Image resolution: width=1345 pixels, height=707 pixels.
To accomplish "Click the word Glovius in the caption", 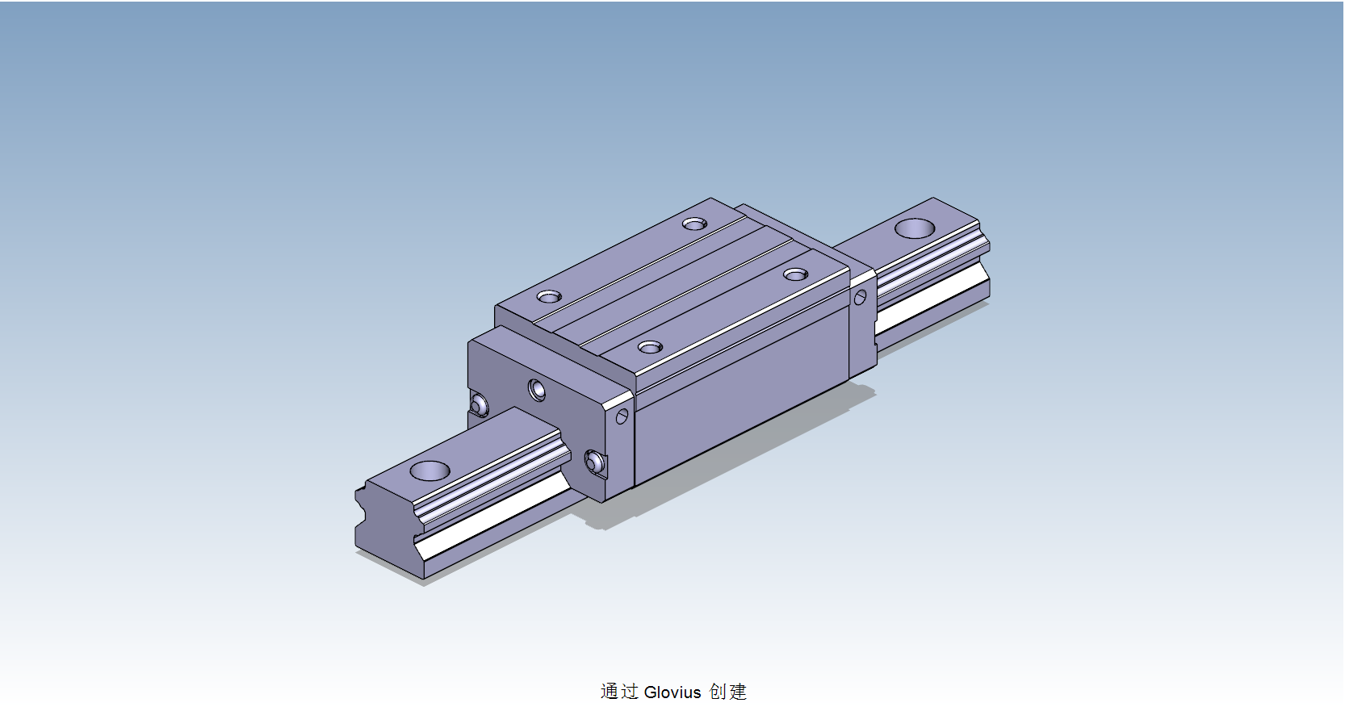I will tap(672, 692).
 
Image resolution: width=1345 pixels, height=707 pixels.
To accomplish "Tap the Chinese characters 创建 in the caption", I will tap(727, 692).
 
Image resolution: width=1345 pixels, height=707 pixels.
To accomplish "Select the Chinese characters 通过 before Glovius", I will tap(619, 692).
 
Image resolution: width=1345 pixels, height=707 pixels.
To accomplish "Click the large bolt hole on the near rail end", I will tap(429, 470).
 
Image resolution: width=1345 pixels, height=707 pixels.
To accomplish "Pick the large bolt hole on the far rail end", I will tap(915, 228).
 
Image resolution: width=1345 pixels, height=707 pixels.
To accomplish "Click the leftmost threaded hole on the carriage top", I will tap(549, 297).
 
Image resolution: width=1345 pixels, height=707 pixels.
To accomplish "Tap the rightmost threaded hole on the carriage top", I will tap(795, 275).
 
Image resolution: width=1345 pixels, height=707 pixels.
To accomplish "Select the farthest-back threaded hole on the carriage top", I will tap(694, 224).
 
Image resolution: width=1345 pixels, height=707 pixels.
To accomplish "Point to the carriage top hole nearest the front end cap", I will tap(650, 347).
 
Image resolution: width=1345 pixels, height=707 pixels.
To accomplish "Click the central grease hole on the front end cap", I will tap(537, 391).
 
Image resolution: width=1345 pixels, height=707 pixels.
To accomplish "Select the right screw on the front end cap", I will tap(594, 462).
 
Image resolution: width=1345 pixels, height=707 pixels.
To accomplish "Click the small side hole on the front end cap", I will tap(622, 416).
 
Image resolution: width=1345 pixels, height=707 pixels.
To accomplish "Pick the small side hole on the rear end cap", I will tap(860, 298).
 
